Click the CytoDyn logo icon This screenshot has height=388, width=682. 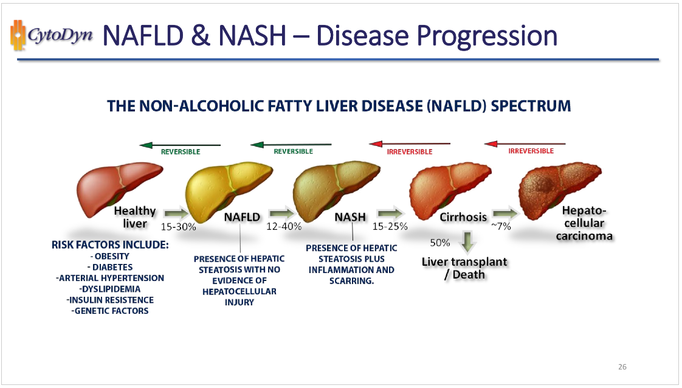[x=16, y=35]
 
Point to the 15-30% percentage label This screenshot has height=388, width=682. [x=178, y=227]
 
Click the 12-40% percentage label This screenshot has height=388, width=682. [x=284, y=227]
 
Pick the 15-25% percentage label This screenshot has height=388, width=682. [x=390, y=227]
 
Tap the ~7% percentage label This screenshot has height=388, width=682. [x=501, y=227]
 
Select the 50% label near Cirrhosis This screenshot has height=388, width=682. [x=439, y=243]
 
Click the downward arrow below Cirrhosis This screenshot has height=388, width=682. [x=467, y=242]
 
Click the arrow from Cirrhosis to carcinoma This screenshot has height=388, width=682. [x=505, y=213]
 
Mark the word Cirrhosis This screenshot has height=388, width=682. [x=463, y=217]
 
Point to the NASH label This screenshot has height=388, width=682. [x=350, y=217]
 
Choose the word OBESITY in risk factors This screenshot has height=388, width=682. [x=112, y=256]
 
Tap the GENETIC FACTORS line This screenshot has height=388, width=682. [x=110, y=311]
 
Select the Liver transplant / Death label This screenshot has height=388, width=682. [x=464, y=268]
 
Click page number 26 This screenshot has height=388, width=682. [x=622, y=367]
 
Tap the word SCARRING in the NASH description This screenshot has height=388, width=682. [x=351, y=281]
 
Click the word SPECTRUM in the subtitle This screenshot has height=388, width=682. [x=531, y=106]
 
